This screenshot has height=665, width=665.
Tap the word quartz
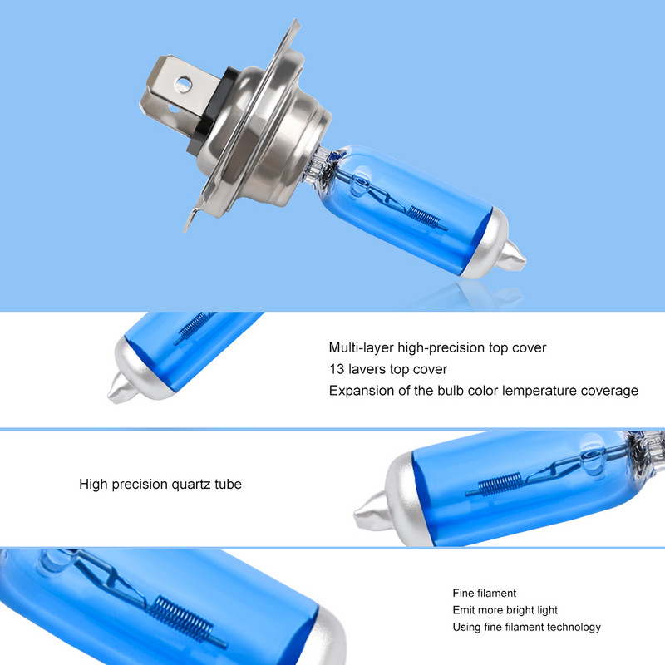192,483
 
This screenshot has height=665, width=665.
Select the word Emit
464,610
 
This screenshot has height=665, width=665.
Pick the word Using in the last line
466,627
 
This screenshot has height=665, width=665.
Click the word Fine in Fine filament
464,594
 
